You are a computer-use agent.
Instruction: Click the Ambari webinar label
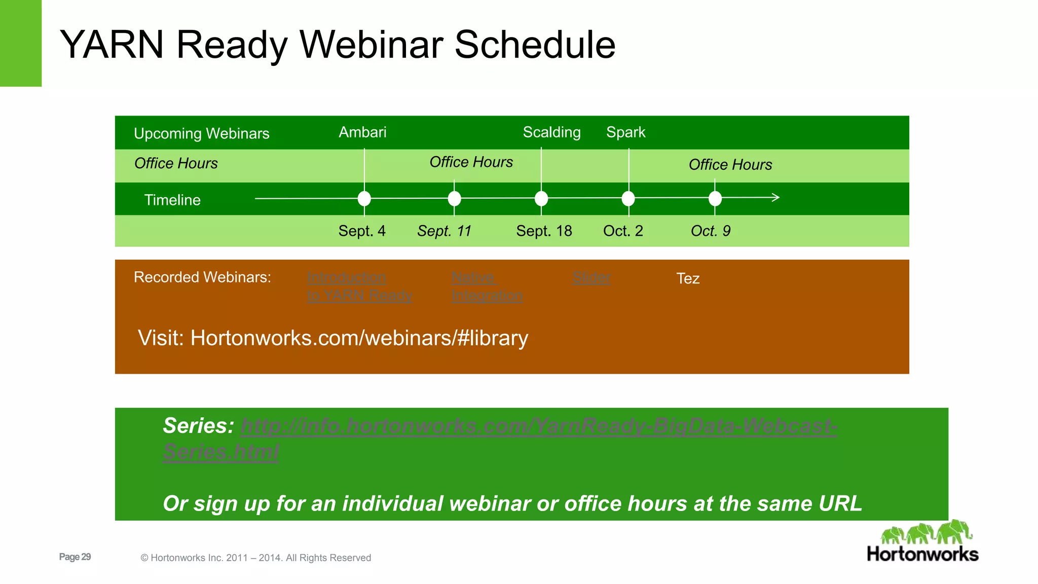362,132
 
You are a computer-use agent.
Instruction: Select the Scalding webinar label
551,132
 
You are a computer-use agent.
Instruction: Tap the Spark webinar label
625,132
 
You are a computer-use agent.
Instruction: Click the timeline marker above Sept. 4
364,199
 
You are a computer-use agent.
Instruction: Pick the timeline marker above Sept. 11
455,199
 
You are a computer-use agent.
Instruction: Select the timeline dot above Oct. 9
715,199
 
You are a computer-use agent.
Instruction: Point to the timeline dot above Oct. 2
628,199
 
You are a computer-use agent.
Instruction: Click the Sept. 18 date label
544,231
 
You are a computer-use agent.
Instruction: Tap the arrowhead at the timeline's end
775,198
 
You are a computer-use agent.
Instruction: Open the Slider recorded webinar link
591,278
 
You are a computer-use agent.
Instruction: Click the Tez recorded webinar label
688,278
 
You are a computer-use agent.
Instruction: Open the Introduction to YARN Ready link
359,286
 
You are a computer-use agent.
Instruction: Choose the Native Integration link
486,286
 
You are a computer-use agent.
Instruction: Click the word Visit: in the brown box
161,338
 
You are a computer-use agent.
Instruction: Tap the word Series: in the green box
198,426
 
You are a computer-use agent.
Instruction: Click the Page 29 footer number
75,557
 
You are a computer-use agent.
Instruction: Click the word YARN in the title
112,45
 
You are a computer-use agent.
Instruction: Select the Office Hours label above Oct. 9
730,165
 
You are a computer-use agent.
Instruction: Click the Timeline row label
172,200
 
